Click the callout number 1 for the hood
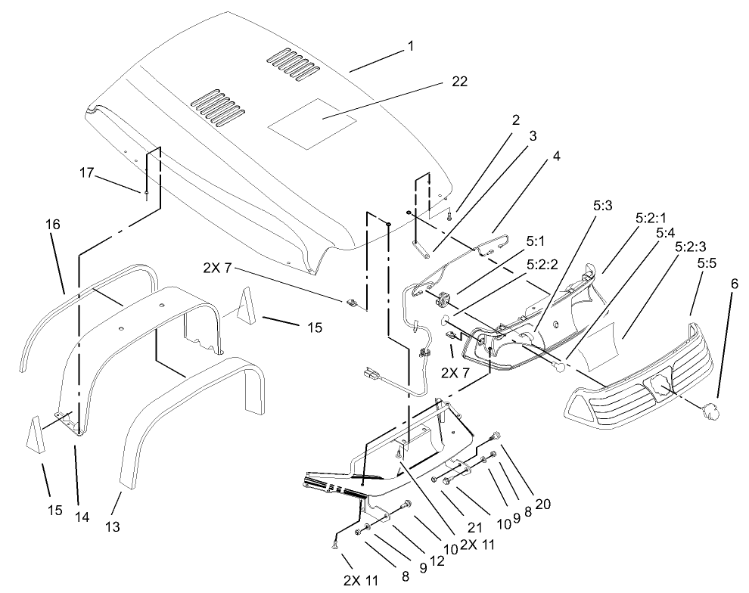[410, 46]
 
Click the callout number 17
[87, 173]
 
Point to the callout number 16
[52, 225]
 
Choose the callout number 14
[81, 517]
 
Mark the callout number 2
[515, 120]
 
